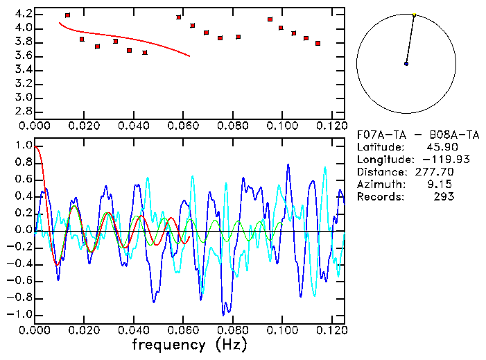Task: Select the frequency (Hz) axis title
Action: (189, 344)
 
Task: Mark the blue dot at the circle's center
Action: (406, 64)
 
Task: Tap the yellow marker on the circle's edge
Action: (415, 15)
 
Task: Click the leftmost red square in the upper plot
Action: (67, 15)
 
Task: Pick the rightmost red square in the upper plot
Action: (318, 43)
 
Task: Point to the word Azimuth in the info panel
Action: (378, 184)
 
